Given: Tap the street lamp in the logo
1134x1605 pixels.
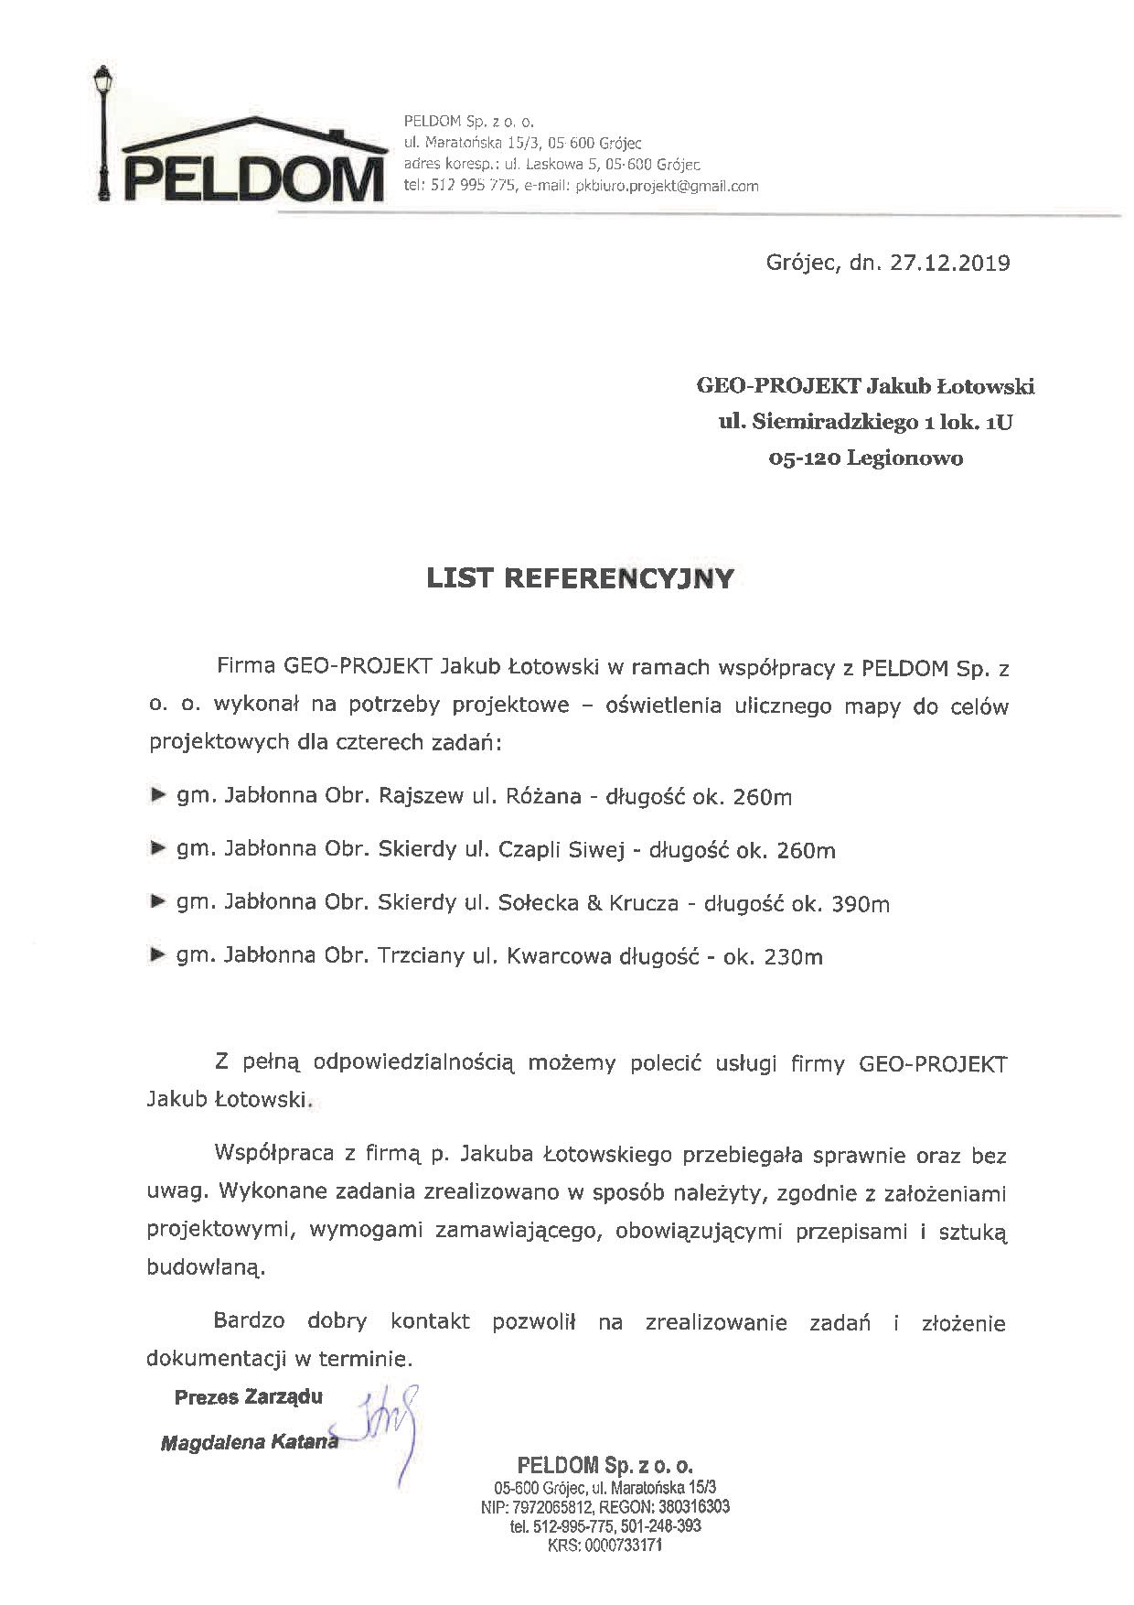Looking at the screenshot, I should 103,137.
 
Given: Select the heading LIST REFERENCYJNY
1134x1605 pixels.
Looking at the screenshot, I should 581,578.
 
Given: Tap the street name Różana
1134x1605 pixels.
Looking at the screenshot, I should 543,797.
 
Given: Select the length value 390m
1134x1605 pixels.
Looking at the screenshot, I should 861,905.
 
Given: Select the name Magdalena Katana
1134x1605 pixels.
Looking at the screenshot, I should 249,1443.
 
